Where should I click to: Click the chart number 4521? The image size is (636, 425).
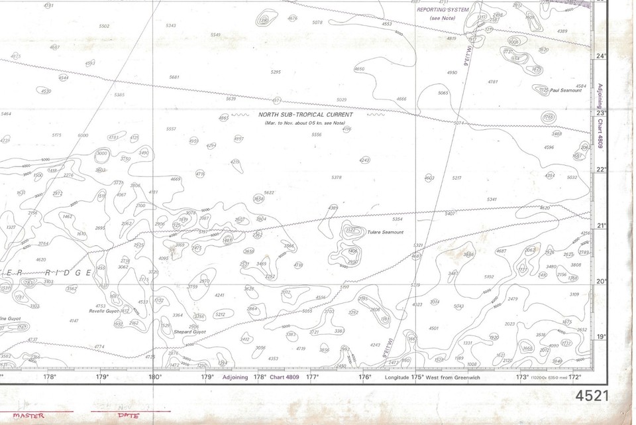[592, 396]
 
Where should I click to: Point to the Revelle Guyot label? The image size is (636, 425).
[103, 310]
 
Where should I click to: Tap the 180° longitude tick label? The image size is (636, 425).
[154, 377]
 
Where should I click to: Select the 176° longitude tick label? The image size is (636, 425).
[365, 377]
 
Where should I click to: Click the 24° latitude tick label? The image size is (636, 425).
[602, 56]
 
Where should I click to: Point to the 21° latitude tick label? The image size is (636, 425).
[602, 225]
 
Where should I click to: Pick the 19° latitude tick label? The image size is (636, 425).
[602, 337]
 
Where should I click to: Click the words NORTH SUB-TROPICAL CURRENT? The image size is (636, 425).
[305, 115]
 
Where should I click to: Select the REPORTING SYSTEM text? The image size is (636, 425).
[443, 10]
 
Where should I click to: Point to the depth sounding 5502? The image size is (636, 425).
[104, 26]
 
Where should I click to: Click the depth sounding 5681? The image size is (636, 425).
[174, 77]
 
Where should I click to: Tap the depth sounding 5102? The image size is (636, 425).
[489, 276]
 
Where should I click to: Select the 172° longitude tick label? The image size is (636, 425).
[575, 377]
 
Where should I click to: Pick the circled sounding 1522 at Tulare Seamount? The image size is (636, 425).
[351, 231]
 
